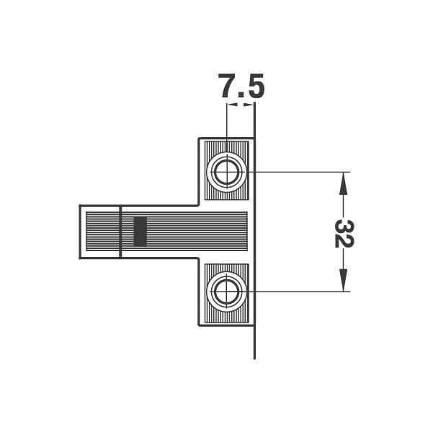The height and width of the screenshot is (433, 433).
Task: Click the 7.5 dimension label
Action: [241, 86]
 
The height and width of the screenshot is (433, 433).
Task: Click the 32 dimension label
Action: [344, 234]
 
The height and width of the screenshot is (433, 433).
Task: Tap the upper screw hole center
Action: [226, 172]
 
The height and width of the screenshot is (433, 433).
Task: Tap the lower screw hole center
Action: [226, 292]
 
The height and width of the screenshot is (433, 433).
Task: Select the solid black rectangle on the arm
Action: [140, 232]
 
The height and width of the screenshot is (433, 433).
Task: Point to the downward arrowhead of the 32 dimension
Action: [343, 281]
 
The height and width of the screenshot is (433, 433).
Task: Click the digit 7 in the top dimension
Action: [228, 86]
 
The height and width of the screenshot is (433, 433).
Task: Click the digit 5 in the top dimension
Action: [254, 86]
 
